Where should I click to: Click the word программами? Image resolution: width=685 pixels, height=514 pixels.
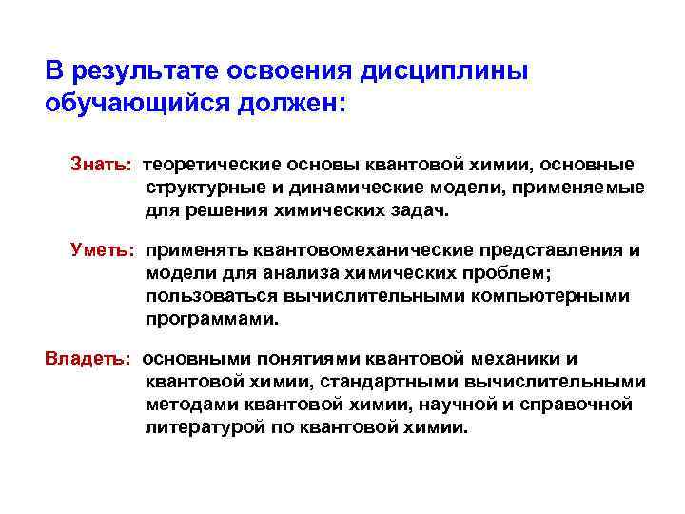(212, 319)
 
